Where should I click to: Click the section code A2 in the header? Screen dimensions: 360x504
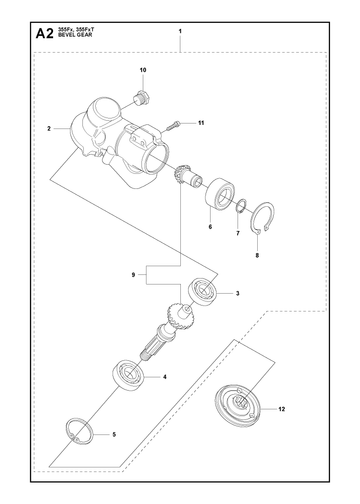click(44, 34)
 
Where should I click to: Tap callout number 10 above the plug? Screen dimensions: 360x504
click(143, 70)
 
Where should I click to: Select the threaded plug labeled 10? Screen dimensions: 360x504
click(140, 97)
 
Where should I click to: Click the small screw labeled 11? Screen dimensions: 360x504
click(173, 126)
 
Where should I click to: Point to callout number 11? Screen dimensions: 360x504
click(201, 123)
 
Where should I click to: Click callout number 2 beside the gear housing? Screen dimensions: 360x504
click(49, 128)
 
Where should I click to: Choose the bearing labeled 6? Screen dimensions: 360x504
click(219, 196)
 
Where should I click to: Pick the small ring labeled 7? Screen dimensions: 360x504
click(241, 206)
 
